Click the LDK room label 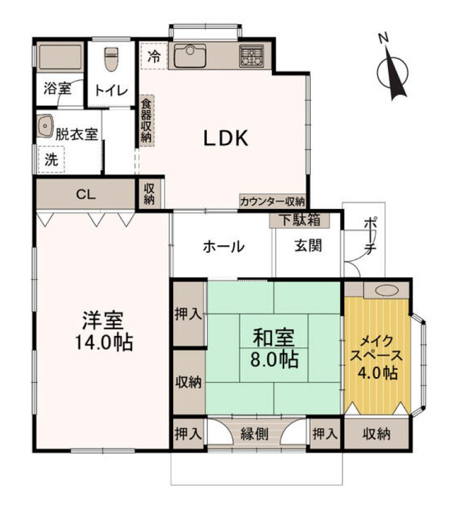225,138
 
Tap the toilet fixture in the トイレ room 111,60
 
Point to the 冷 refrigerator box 153,56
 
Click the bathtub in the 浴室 60,58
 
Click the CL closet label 85,194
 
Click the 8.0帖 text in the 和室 274,358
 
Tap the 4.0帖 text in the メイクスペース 376,372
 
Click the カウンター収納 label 273,200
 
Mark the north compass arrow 393,71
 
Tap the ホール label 224,247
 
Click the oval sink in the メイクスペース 385,290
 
